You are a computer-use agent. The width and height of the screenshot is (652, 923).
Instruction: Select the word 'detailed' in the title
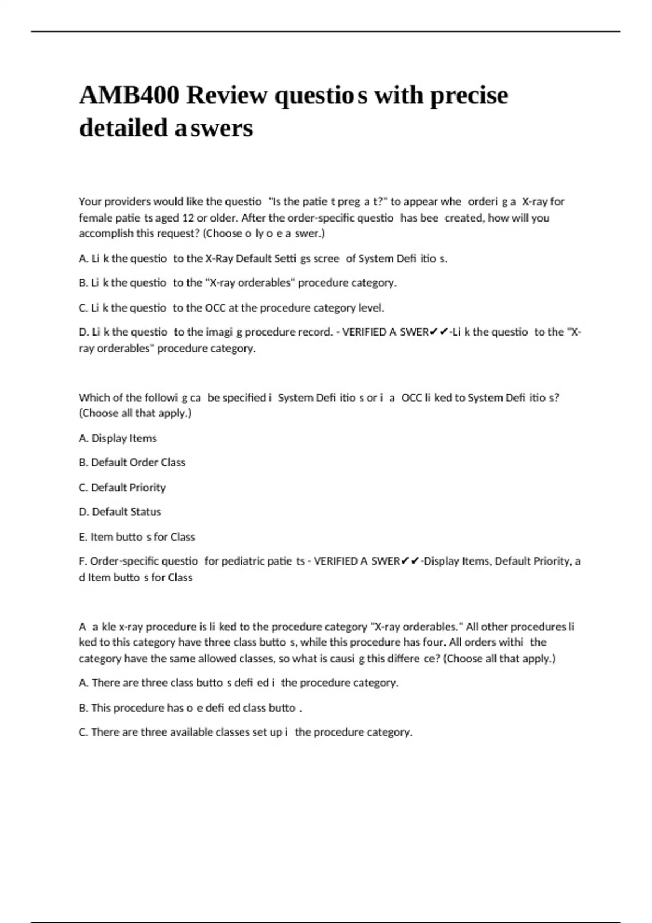pos(123,128)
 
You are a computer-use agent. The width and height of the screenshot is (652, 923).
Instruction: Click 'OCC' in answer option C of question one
pos(215,308)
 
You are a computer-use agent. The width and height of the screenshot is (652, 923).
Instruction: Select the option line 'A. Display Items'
pos(118,438)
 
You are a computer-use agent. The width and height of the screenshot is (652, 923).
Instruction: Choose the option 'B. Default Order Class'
pos(132,463)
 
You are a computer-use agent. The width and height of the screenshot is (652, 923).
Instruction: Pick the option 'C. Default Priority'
pos(122,488)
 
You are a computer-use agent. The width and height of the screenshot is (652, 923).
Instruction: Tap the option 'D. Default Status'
pos(120,512)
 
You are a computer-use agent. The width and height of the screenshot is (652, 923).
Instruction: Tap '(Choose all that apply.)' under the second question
pos(135,413)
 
